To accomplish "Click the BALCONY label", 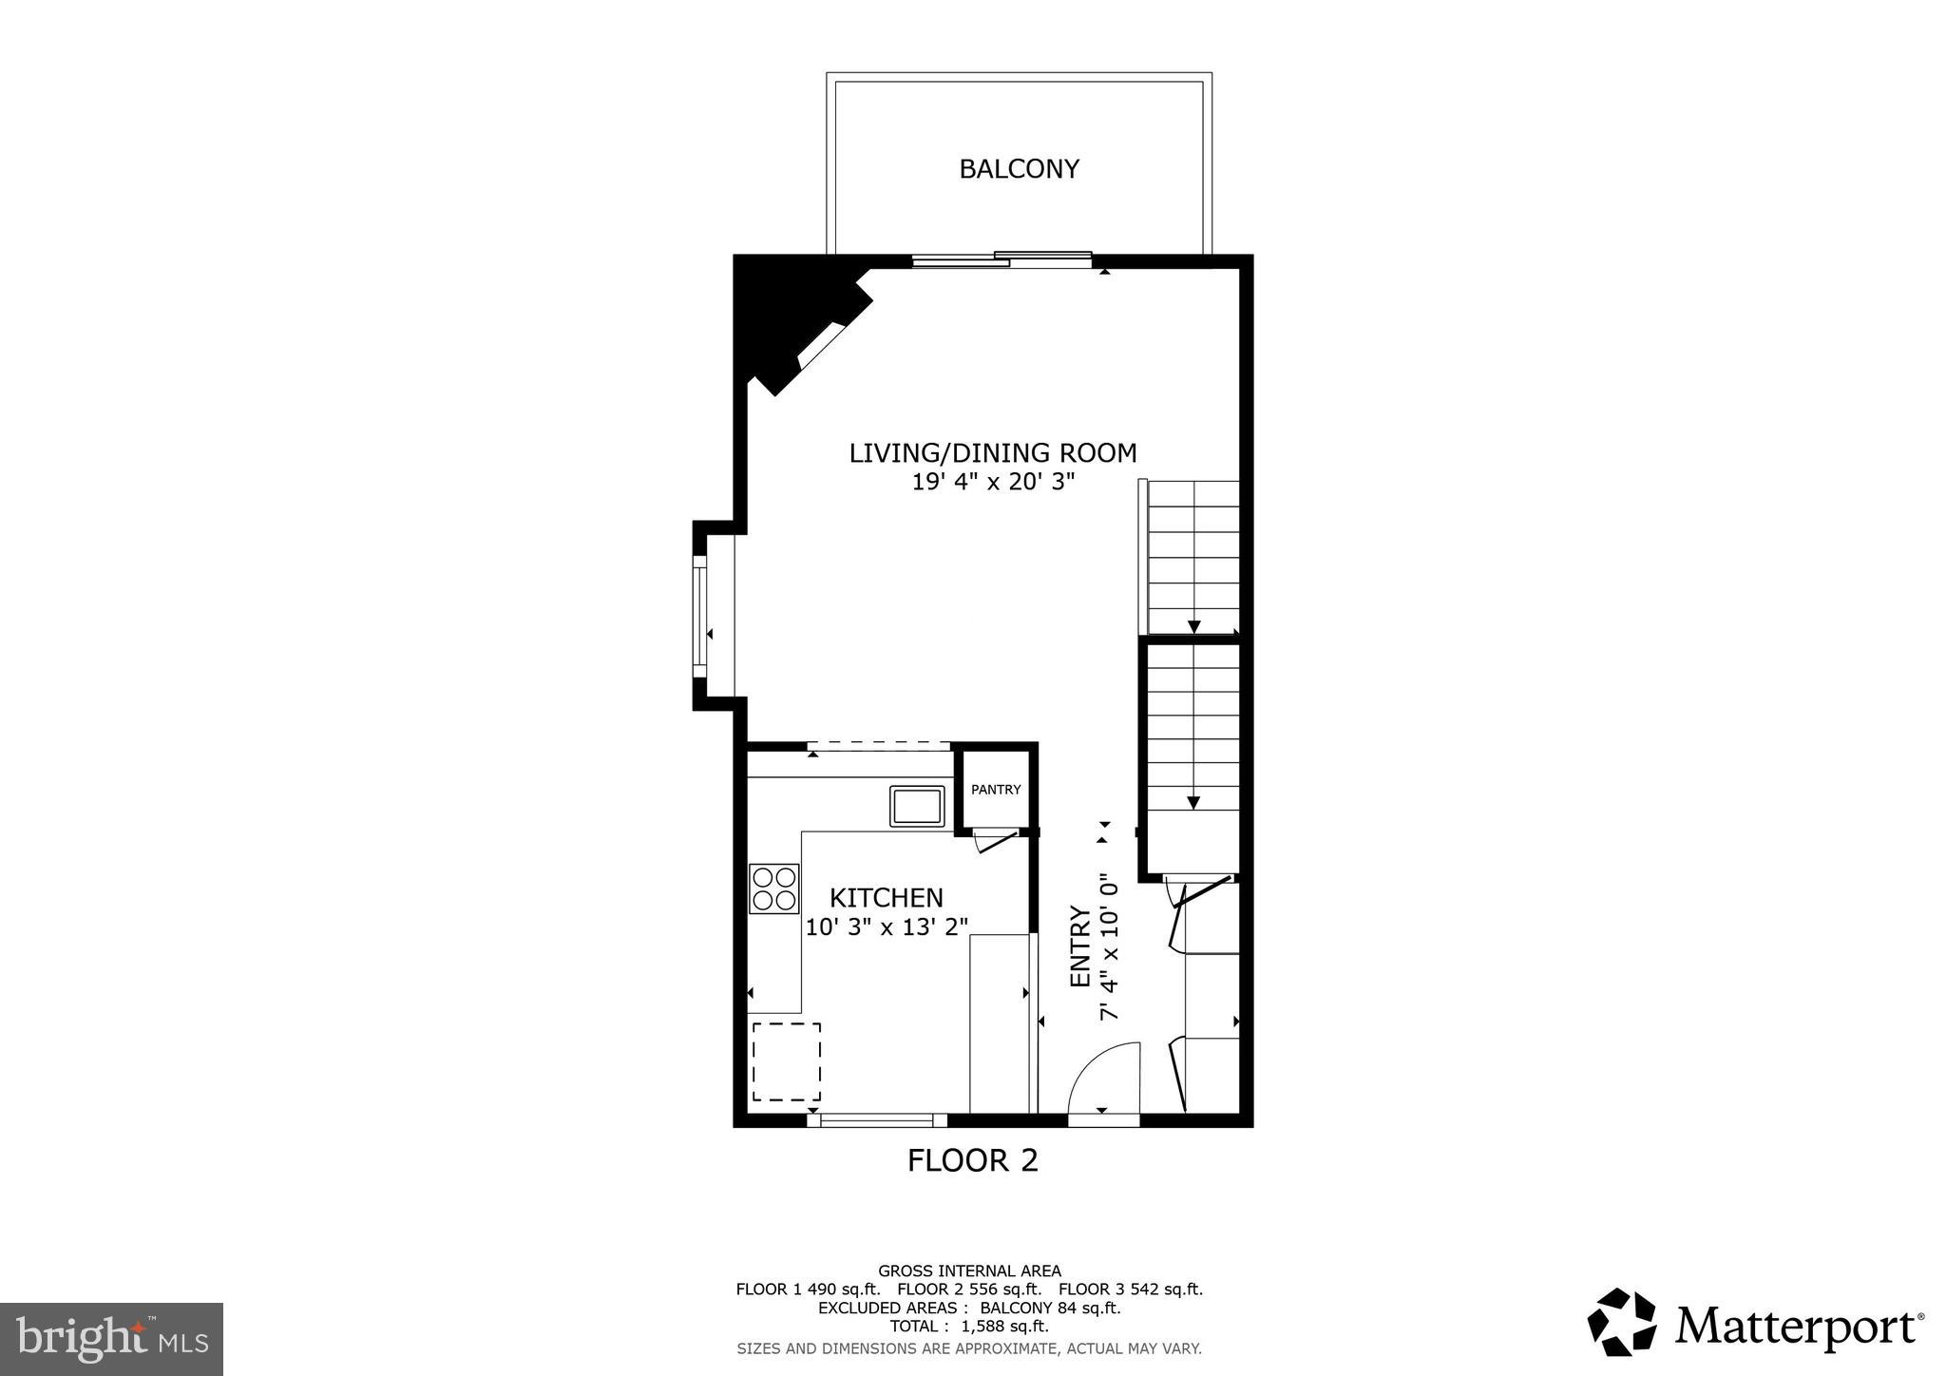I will (x=1019, y=169).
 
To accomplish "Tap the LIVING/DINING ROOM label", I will (x=992, y=453).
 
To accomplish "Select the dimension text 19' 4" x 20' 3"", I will (x=992, y=482).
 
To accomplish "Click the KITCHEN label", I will (x=886, y=898).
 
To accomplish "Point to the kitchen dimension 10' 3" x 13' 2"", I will (x=886, y=927).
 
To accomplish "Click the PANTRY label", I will (x=996, y=790).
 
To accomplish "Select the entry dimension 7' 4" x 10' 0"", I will (x=1109, y=947).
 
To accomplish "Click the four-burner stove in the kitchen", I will (x=773, y=889).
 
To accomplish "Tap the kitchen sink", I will (x=917, y=806).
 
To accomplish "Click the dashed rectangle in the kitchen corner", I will (x=787, y=1061).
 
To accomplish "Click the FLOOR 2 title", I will (x=972, y=1160).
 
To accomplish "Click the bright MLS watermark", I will (x=111, y=1340).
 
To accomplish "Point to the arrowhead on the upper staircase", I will (x=1193, y=626).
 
